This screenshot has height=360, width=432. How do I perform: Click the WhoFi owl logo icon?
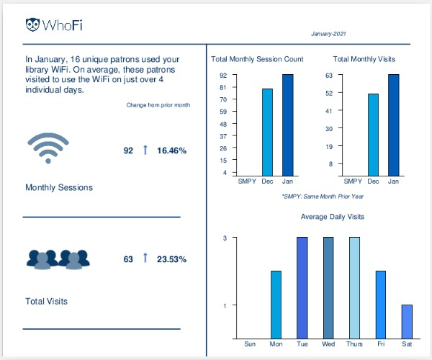32,25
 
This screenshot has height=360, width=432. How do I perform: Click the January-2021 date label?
328,34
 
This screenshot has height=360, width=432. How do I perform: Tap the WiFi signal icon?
52,149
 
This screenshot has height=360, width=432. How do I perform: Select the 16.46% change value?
172,150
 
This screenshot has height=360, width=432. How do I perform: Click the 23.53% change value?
172,258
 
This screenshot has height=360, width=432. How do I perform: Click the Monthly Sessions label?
59,187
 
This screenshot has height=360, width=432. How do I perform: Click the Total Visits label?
47,301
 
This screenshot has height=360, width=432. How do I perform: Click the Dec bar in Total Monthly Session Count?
267,132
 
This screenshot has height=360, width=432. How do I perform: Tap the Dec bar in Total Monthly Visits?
373,135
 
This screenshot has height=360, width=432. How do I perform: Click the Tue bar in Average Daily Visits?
302,288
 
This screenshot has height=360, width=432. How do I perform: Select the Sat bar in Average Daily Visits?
407,321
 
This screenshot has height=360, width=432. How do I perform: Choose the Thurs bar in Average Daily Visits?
354,288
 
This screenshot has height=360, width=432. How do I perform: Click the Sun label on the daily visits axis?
250,344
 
